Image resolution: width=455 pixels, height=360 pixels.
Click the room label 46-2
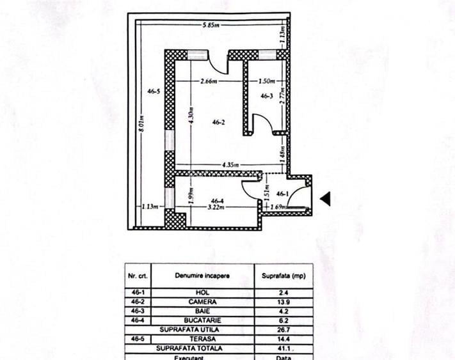click(x=218, y=122)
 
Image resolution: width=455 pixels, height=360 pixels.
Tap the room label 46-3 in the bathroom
click(x=267, y=96)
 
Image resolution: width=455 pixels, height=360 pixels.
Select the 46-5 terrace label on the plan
click(x=154, y=91)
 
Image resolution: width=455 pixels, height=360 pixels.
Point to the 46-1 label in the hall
click(x=282, y=194)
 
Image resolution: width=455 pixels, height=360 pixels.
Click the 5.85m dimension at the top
click(x=211, y=25)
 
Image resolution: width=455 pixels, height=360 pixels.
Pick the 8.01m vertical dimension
click(x=141, y=123)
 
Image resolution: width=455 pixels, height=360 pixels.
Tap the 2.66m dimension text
click(x=209, y=81)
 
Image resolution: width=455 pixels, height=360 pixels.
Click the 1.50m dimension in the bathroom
click(x=267, y=81)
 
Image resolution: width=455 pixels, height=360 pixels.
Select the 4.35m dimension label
click(x=230, y=165)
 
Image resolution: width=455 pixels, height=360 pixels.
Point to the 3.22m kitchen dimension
click(x=216, y=207)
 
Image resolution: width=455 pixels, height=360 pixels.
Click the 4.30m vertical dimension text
click(x=191, y=115)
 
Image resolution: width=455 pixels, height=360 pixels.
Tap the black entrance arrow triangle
click(x=325, y=199)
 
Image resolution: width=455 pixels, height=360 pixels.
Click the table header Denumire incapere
click(x=202, y=276)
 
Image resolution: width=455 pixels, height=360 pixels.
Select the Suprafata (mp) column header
click(x=283, y=276)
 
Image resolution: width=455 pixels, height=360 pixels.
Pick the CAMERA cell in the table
click(x=203, y=302)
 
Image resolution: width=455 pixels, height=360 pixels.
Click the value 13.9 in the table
click(x=283, y=302)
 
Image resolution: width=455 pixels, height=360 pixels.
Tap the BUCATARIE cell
click(x=203, y=320)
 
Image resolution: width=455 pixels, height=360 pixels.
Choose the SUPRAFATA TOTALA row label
click(x=189, y=348)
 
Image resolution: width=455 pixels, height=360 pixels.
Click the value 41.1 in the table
click(x=283, y=348)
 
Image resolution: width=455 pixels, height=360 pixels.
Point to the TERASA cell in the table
click(x=203, y=339)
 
